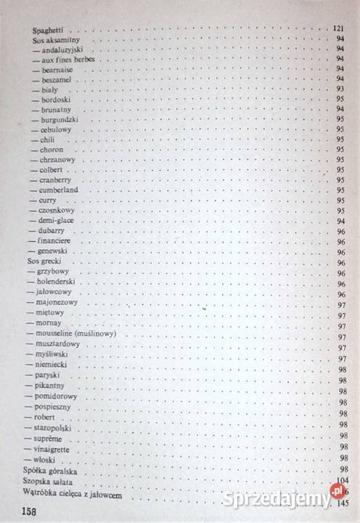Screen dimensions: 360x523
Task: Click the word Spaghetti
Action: [x=51, y=31]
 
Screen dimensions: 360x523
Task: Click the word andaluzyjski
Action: [x=63, y=51]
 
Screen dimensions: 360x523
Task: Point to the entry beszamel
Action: [x=59, y=78]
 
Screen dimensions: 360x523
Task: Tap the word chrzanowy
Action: [x=58, y=159]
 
